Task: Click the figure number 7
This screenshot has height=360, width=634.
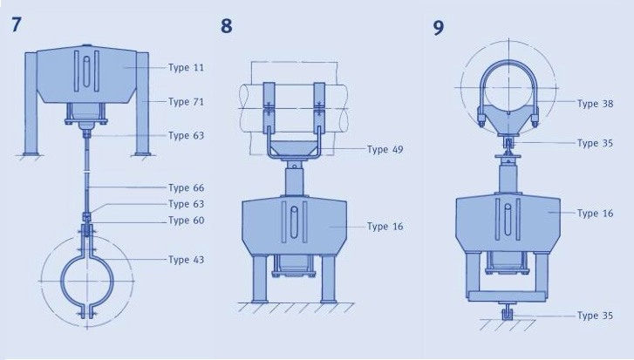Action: (16, 24)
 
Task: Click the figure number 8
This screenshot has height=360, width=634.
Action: (227, 26)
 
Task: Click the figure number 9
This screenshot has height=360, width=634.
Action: (439, 28)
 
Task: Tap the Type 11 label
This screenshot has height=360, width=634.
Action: (186, 67)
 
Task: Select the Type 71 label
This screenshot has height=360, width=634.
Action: (186, 102)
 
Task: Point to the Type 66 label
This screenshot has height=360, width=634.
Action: (186, 188)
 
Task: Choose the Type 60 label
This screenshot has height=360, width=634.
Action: (186, 221)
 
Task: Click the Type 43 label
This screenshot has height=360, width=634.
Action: (186, 260)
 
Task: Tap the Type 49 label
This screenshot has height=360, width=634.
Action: (385, 150)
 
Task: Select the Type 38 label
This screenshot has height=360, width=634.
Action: (595, 104)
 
